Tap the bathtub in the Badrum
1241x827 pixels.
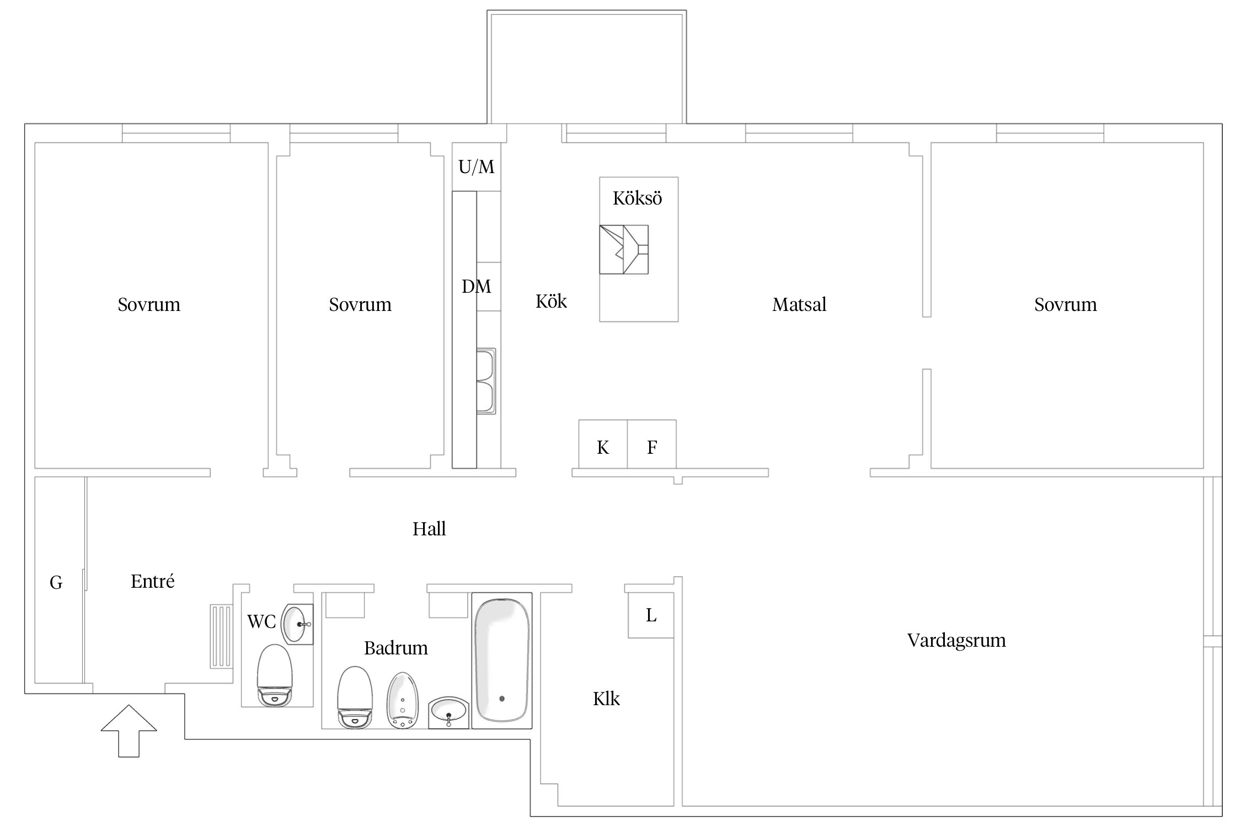(502, 660)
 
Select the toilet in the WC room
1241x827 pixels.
(275, 675)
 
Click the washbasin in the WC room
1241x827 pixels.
(297, 624)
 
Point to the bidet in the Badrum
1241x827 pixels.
(403, 700)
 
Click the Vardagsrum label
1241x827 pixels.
(956, 640)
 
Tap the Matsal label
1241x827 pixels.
(799, 304)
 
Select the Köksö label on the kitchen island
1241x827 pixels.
(637, 198)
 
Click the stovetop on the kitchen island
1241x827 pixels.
(624, 249)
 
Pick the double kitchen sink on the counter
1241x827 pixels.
(486, 381)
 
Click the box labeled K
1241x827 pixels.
(603, 444)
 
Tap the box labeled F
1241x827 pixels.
(652, 444)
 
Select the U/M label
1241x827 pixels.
(477, 167)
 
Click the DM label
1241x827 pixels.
(476, 287)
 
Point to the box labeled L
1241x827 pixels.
(651, 615)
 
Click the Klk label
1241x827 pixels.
(606, 699)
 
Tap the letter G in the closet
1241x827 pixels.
(56, 582)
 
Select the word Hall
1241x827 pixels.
(429, 529)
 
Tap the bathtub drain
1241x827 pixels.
(502, 699)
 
